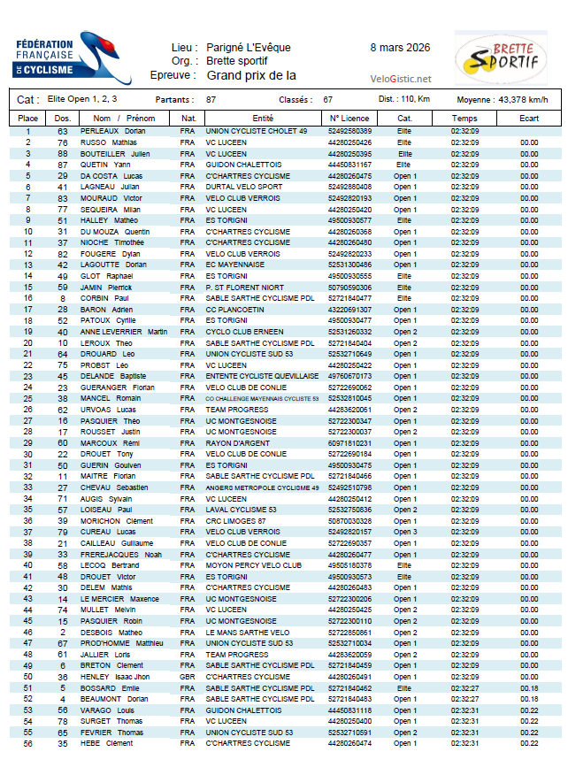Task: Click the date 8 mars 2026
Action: pos(400,47)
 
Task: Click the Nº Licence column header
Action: pos(349,118)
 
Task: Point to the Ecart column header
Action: pos(529,118)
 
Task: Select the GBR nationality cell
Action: pos(187,677)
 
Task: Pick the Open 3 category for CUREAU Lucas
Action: pos(405,532)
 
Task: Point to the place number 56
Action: pos(27,743)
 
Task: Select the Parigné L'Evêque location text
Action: pos(249,48)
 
